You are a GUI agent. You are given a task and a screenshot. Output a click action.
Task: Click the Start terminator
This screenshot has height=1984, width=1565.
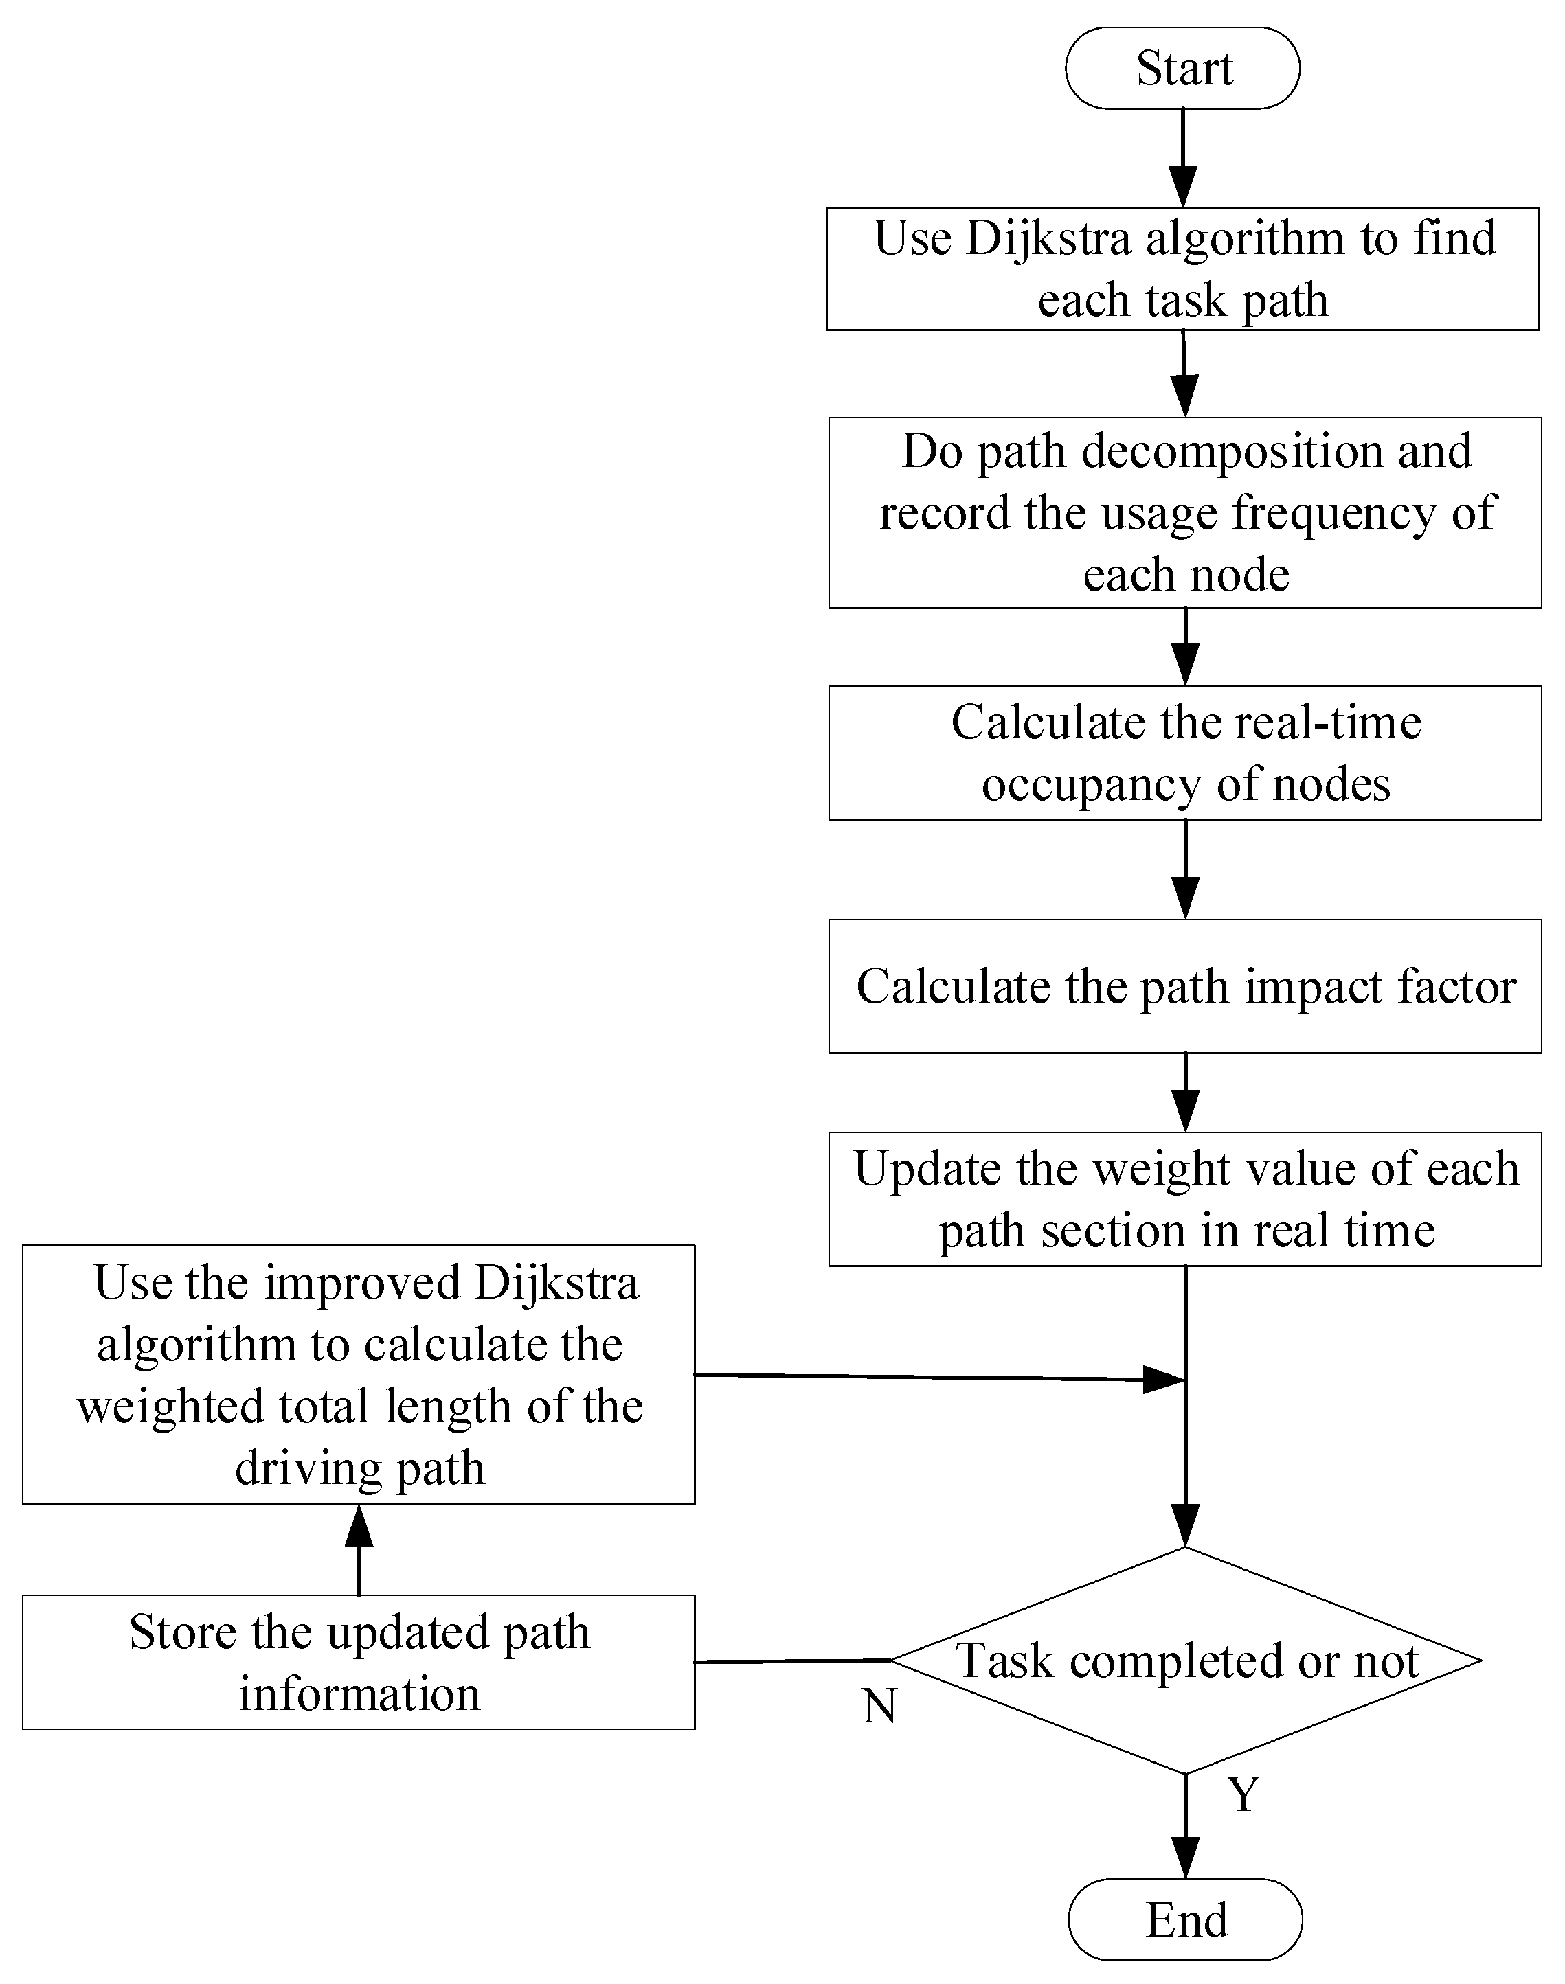coord(1182,69)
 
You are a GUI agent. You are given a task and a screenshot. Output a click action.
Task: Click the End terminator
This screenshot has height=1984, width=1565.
coord(1185,1920)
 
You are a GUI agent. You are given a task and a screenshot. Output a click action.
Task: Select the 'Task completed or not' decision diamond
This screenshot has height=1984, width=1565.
coord(1186,1660)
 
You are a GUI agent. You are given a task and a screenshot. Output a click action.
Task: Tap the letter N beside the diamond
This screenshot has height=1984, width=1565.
coord(879,1706)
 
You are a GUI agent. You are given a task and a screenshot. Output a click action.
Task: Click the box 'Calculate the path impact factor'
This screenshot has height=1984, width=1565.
coord(1185,986)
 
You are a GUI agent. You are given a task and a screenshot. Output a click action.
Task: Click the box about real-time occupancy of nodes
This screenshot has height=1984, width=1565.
coord(1185,753)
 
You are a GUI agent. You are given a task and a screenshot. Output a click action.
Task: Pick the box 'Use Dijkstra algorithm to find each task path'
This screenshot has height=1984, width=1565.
coord(1182,269)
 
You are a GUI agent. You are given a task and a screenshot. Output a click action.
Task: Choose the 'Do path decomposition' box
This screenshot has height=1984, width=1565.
coord(1185,512)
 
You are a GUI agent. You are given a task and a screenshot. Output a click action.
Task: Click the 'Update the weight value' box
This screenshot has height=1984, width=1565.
coord(1185,1199)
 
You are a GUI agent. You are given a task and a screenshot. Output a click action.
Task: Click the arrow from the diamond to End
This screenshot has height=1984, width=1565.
coord(1186,1827)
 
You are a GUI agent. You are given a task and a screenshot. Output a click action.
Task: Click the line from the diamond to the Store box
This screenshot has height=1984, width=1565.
coord(793,1661)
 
